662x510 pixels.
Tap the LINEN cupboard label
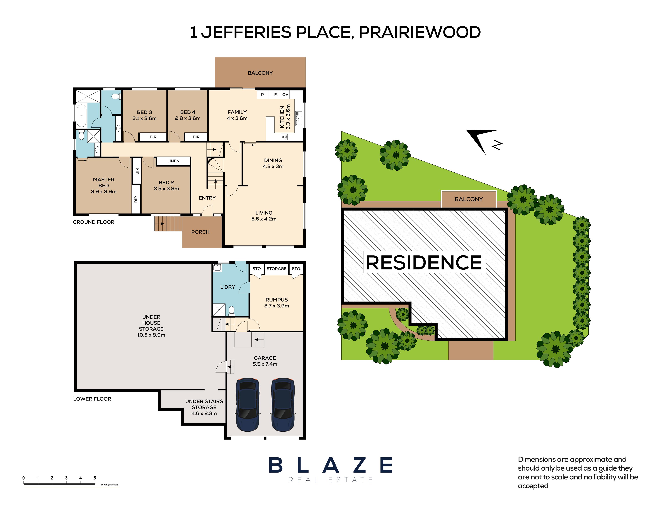[x=173, y=161]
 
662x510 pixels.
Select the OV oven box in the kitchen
[x=285, y=94]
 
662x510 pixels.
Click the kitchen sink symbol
[x=299, y=118]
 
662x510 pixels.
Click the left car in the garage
[x=248, y=405]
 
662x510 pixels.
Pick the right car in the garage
[x=283, y=405]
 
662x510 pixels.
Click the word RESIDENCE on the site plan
[x=424, y=262]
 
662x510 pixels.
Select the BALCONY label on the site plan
[x=469, y=199]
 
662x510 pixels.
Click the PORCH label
[x=200, y=232]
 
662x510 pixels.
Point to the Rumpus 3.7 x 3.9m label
[x=277, y=303]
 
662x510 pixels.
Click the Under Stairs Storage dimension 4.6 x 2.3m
[x=204, y=413]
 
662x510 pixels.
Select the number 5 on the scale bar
[x=95, y=478]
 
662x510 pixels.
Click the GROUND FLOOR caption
[x=94, y=222]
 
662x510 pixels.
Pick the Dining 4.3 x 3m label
[x=273, y=163]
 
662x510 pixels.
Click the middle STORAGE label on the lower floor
[x=277, y=269]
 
